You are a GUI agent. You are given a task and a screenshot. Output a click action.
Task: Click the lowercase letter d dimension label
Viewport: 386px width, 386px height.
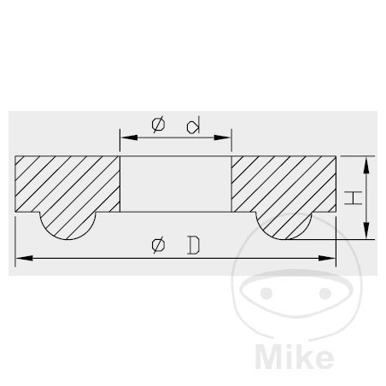click(x=195, y=126)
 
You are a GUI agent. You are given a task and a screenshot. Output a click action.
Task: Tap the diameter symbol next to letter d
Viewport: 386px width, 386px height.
click(x=159, y=125)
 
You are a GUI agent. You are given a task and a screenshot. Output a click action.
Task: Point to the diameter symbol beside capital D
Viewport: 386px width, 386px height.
click(x=159, y=246)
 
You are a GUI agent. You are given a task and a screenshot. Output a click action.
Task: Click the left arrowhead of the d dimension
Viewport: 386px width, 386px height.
click(x=125, y=136)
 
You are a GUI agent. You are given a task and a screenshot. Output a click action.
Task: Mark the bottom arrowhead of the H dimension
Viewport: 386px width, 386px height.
click(x=366, y=237)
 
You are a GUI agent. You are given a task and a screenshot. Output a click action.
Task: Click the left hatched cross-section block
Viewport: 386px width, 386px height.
click(x=67, y=185)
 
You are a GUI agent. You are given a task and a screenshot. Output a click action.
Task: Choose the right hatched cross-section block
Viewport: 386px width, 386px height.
click(x=283, y=185)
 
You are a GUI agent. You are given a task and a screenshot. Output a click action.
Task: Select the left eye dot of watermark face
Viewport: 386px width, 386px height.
click(x=266, y=293)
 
